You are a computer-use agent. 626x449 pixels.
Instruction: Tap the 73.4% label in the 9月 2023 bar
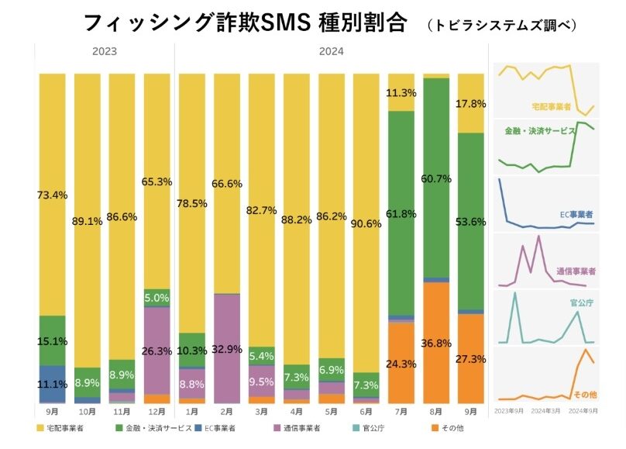click(52, 195)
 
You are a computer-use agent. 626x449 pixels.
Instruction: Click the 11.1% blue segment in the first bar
click(52, 383)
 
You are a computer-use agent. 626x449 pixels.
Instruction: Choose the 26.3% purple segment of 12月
click(157, 351)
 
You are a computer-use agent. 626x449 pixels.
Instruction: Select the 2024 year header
click(332, 51)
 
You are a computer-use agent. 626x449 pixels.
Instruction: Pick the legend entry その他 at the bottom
click(454, 427)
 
